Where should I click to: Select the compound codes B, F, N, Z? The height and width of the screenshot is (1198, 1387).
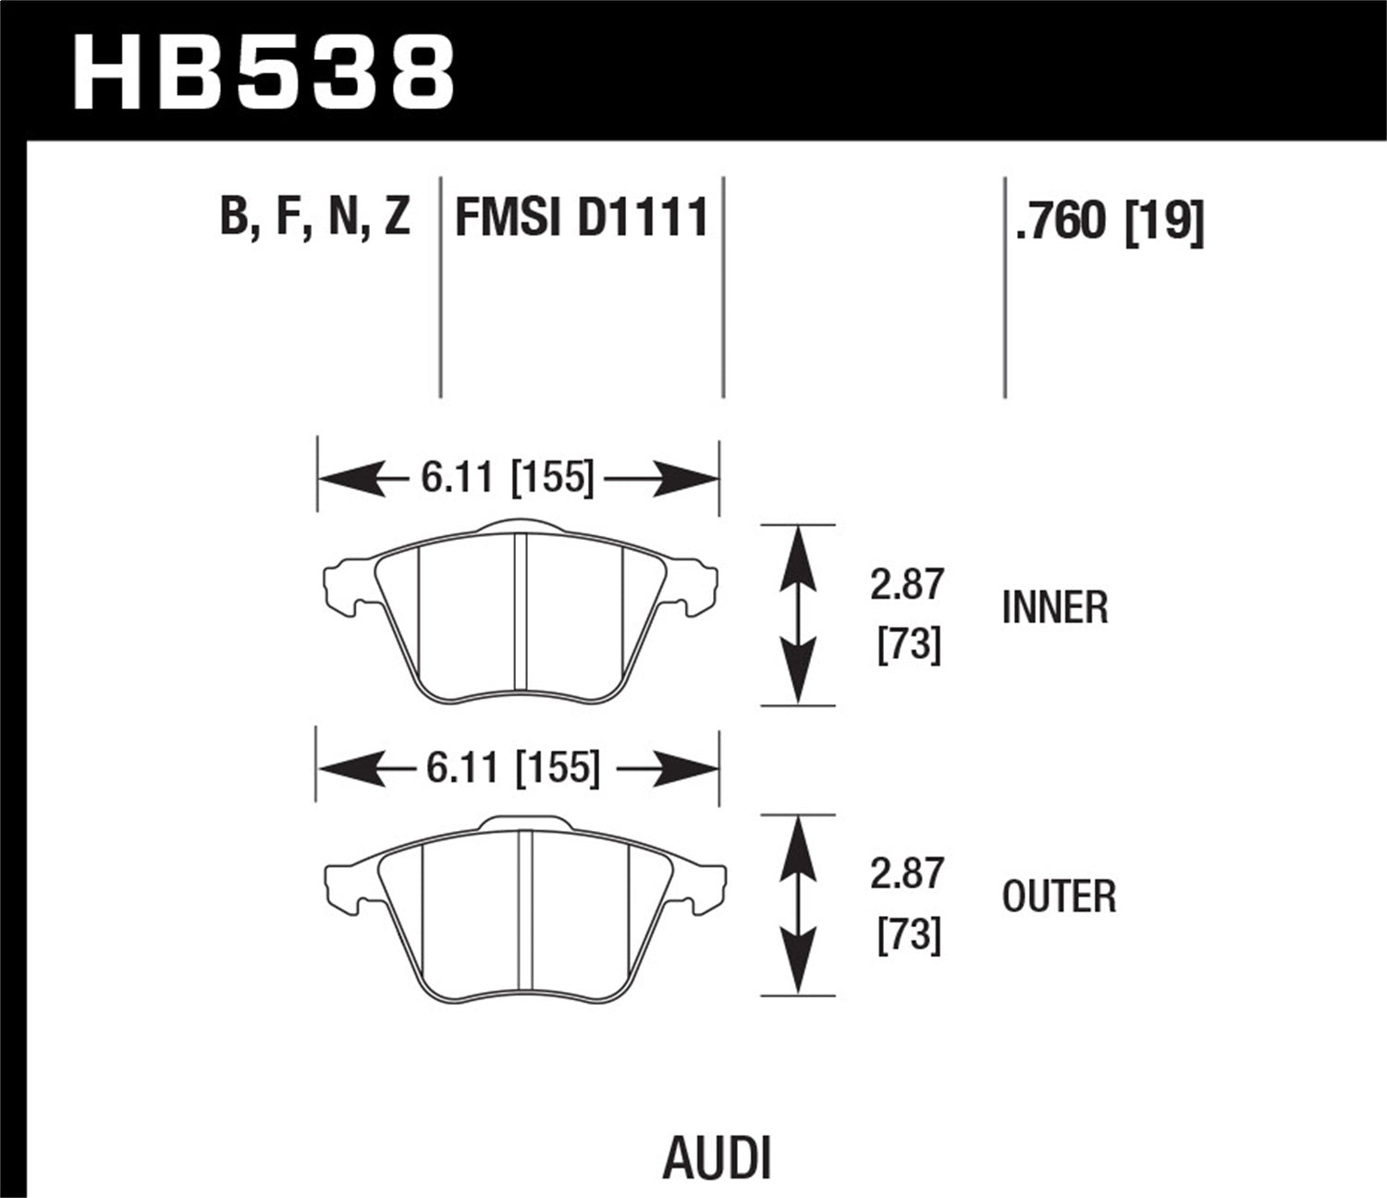pos(315,218)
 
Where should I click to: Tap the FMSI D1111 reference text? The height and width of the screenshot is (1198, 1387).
pos(582,218)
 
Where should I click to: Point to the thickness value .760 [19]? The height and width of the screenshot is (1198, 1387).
pos(1110,221)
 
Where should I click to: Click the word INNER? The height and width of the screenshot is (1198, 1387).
pos(1054,607)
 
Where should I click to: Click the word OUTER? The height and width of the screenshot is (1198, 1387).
pos(1059,896)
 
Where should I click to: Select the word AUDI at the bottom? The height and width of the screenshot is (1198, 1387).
pos(717,1158)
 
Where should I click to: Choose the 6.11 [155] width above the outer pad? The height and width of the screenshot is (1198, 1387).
pos(513,767)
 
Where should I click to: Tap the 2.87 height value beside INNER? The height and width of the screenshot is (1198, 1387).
pos(906,585)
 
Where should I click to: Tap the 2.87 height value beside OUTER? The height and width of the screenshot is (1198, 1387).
pos(906,874)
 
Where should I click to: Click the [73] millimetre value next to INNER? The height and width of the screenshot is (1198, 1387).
pos(908,644)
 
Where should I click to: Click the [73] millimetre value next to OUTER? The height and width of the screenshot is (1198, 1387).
pos(908,935)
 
